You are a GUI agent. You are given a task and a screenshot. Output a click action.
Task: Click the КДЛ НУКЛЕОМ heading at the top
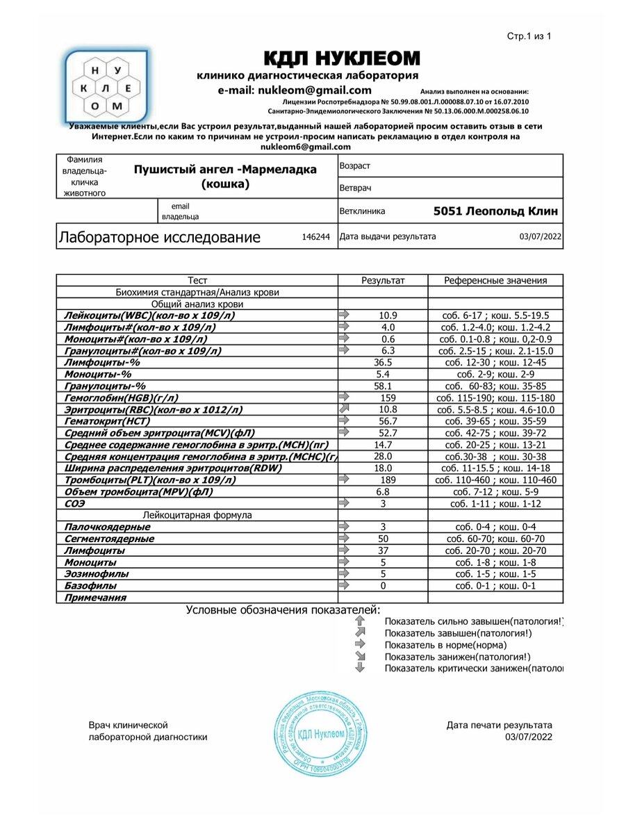[342, 58]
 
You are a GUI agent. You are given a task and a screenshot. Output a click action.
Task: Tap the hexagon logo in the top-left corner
[106, 87]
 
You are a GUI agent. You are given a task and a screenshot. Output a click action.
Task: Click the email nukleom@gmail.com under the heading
[295, 90]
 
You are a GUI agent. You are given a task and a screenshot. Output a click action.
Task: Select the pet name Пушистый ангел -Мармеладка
[225, 177]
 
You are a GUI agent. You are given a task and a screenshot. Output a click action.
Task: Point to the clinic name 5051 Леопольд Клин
[495, 211]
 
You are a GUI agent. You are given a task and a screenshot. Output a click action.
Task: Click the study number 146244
[315, 237]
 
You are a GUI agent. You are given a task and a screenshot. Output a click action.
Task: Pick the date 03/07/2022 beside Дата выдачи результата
[540, 237]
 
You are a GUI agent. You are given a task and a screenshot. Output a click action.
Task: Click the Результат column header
[383, 281]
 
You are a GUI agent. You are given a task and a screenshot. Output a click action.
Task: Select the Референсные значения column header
[495, 281]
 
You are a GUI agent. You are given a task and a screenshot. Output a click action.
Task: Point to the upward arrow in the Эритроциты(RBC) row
[344, 410]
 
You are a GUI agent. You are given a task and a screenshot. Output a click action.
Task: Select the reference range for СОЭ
[495, 504]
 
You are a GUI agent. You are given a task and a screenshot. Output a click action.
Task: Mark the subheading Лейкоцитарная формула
[197, 516]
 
